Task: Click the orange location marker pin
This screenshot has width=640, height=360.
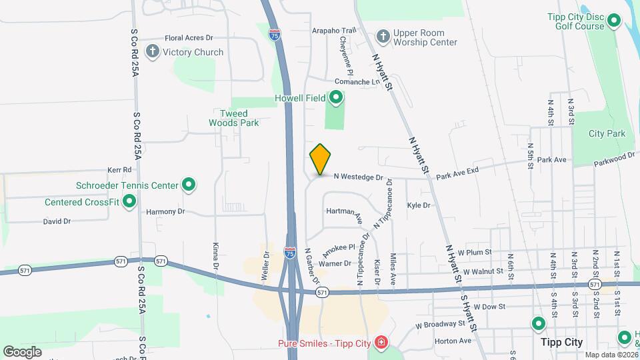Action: coord(320,159)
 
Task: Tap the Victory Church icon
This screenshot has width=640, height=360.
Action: coord(153,52)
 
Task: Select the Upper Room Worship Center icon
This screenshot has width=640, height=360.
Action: coord(383,36)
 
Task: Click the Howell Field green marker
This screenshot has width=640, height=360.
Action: coord(336,99)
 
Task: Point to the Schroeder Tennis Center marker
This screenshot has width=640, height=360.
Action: coord(189,185)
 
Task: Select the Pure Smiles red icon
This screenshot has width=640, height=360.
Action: coord(380,343)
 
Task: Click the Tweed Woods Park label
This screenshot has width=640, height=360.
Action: coord(233,118)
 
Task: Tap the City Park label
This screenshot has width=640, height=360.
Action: coord(607,133)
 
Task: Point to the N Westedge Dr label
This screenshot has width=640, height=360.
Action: coord(359,177)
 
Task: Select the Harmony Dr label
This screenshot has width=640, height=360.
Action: coord(165,211)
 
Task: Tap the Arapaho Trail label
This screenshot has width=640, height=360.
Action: coord(334,31)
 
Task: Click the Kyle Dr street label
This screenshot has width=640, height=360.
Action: coord(418,205)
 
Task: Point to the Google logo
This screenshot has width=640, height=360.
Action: coord(22,351)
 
